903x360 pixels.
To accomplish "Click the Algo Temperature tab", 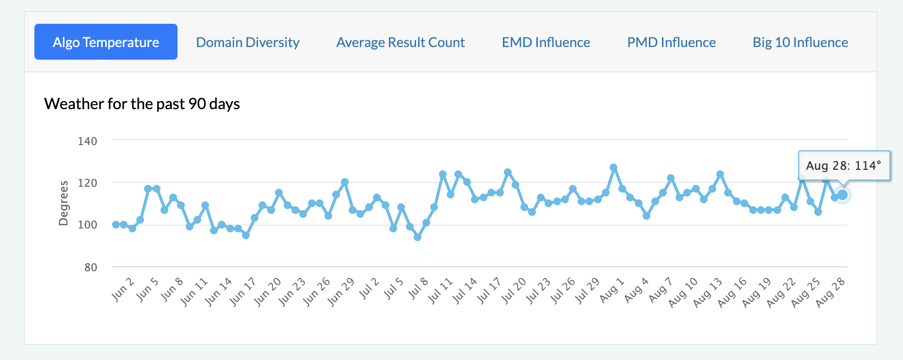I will (x=106, y=42).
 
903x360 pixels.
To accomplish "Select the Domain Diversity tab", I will (x=247, y=42).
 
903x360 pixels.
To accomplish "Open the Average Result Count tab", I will (x=401, y=42).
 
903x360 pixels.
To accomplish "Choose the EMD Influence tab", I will (x=546, y=42).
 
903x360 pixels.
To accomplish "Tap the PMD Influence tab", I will (x=671, y=42).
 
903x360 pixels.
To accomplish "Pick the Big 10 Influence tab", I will (x=800, y=42).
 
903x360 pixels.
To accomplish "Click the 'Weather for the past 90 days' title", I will (x=142, y=104).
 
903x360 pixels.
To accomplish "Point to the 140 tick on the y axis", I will (x=87, y=141).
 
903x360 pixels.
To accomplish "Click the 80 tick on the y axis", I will (x=91, y=267).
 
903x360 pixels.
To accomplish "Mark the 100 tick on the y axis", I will (x=87, y=225).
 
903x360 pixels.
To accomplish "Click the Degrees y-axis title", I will (x=64, y=203).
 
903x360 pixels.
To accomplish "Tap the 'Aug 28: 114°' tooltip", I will (x=843, y=165).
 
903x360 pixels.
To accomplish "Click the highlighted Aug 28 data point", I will (x=842, y=195).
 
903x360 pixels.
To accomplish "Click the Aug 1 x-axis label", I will (x=612, y=290).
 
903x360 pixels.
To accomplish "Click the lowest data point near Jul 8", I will (x=418, y=237).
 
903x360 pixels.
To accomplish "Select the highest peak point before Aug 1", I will (x=613, y=167).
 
